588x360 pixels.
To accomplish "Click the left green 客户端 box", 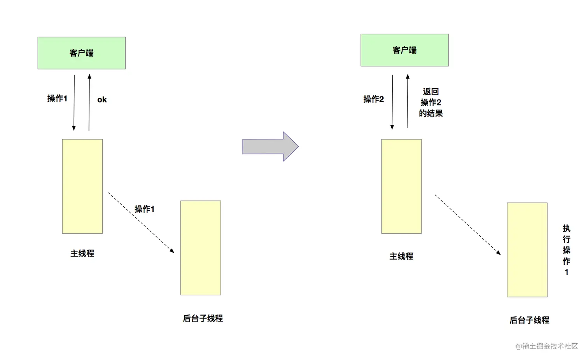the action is click(x=82, y=53).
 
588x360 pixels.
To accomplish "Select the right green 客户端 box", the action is click(x=404, y=50).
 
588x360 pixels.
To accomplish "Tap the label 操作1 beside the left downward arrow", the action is click(x=57, y=99).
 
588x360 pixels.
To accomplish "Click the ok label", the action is click(x=102, y=100).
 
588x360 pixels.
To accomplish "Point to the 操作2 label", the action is click(x=373, y=100).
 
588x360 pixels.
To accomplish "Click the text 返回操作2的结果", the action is click(x=431, y=103).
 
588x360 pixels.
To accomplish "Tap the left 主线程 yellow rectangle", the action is click(x=82, y=186).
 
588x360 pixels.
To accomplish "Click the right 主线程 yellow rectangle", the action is click(x=401, y=186).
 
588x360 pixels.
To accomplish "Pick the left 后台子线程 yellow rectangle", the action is click(x=201, y=248).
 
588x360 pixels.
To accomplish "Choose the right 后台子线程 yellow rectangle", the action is click(x=527, y=250).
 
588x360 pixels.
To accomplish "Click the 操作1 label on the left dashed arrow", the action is click(x=144, y=209).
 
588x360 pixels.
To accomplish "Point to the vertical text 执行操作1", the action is click(x=567, y=250).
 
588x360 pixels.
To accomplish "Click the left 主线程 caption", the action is click(x=82, y=253).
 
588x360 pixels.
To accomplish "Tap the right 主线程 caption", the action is click(x=401, y=256).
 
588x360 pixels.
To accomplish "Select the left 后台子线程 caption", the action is click(x=203, y=318).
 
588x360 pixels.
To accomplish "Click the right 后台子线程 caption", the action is click(x=529, y=320).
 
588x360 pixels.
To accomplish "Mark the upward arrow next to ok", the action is click(x=89, y=102).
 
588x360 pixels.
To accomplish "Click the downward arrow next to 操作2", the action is click(x=392, y=102).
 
